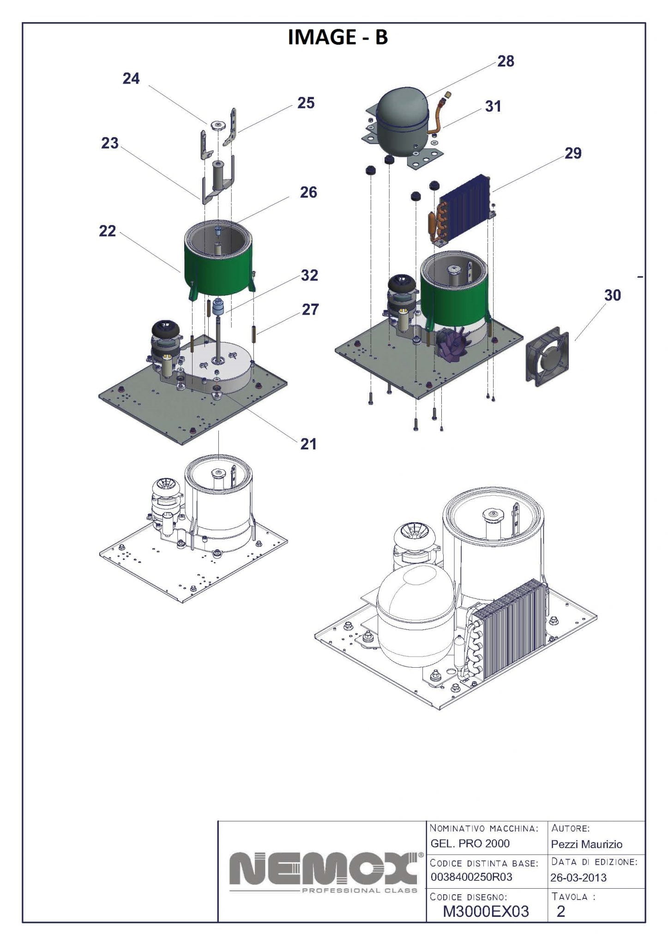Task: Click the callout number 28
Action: point(506,61)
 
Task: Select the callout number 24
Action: point(131,78)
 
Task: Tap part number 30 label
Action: point(612,295)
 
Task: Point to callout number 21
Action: point(308,444)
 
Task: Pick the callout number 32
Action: point(309,275)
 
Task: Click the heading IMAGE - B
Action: point(337,37)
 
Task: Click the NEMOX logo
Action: point(323,871)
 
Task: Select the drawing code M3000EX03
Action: point(486,911)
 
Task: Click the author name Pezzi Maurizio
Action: point(586,844)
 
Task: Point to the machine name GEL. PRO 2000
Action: point(470,843)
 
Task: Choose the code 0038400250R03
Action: point(471,877)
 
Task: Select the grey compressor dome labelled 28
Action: point(398,115)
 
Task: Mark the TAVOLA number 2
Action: point(561,911)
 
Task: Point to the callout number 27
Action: point(310,309)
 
